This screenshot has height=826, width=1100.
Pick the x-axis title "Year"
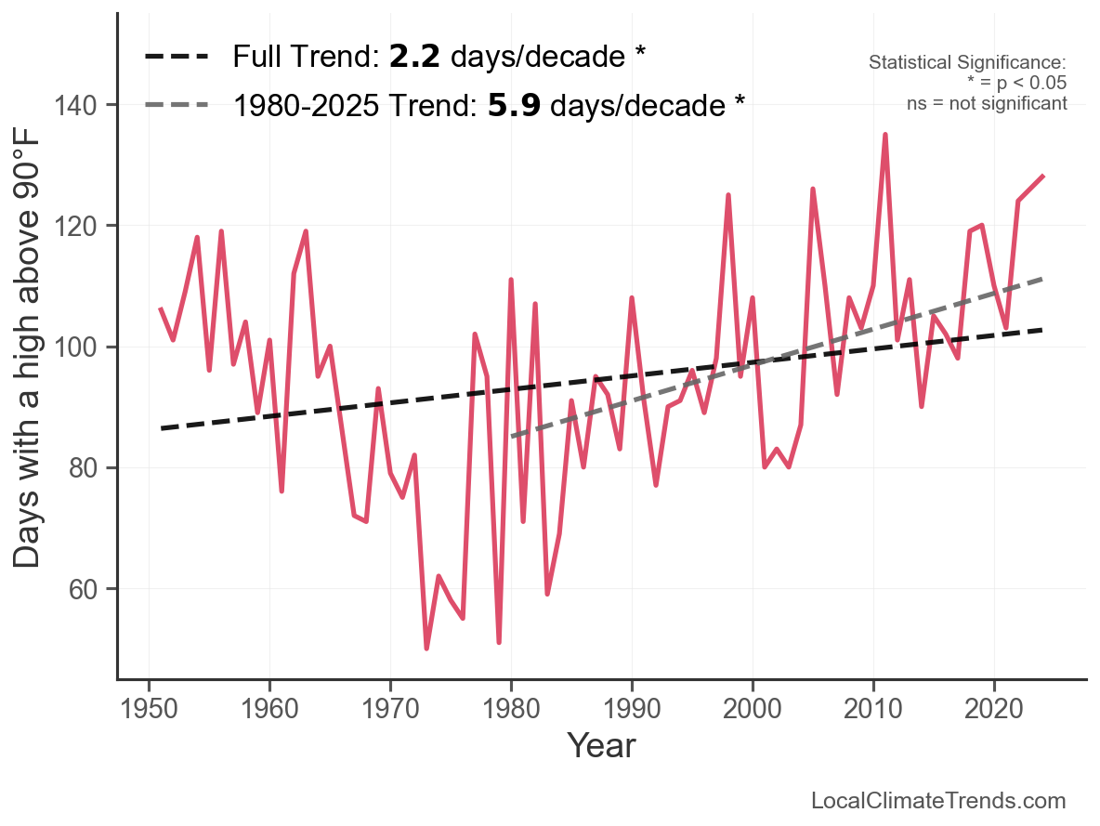coord(601,746)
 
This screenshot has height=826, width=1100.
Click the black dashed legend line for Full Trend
coord(177,58)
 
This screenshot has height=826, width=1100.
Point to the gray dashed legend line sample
coord(177,106)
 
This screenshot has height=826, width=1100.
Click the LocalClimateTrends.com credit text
coord(938,801)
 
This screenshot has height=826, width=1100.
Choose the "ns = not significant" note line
coord(987,103)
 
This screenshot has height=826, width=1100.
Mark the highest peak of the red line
coord(885,135)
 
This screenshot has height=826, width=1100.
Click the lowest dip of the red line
coord(426,648)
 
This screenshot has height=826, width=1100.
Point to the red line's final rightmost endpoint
coord(1043,176)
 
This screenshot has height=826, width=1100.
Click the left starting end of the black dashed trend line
coord(161,428)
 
